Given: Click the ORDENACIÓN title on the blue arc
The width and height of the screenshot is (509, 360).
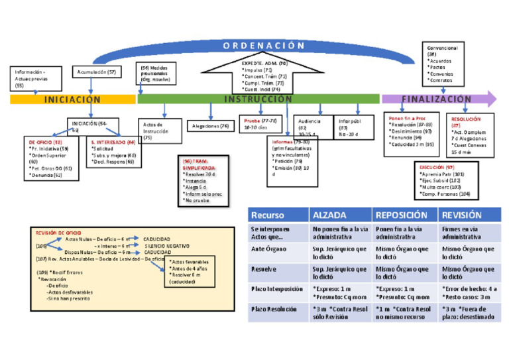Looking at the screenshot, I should click(258, 45).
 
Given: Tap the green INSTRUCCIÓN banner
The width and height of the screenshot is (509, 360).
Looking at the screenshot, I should click(258, 99).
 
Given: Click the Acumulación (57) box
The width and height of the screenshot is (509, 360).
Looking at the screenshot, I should click(97, 72).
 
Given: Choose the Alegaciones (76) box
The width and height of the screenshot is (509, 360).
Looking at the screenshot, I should click(210, 126).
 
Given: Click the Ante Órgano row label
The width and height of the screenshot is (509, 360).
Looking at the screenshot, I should click(269, 249).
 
